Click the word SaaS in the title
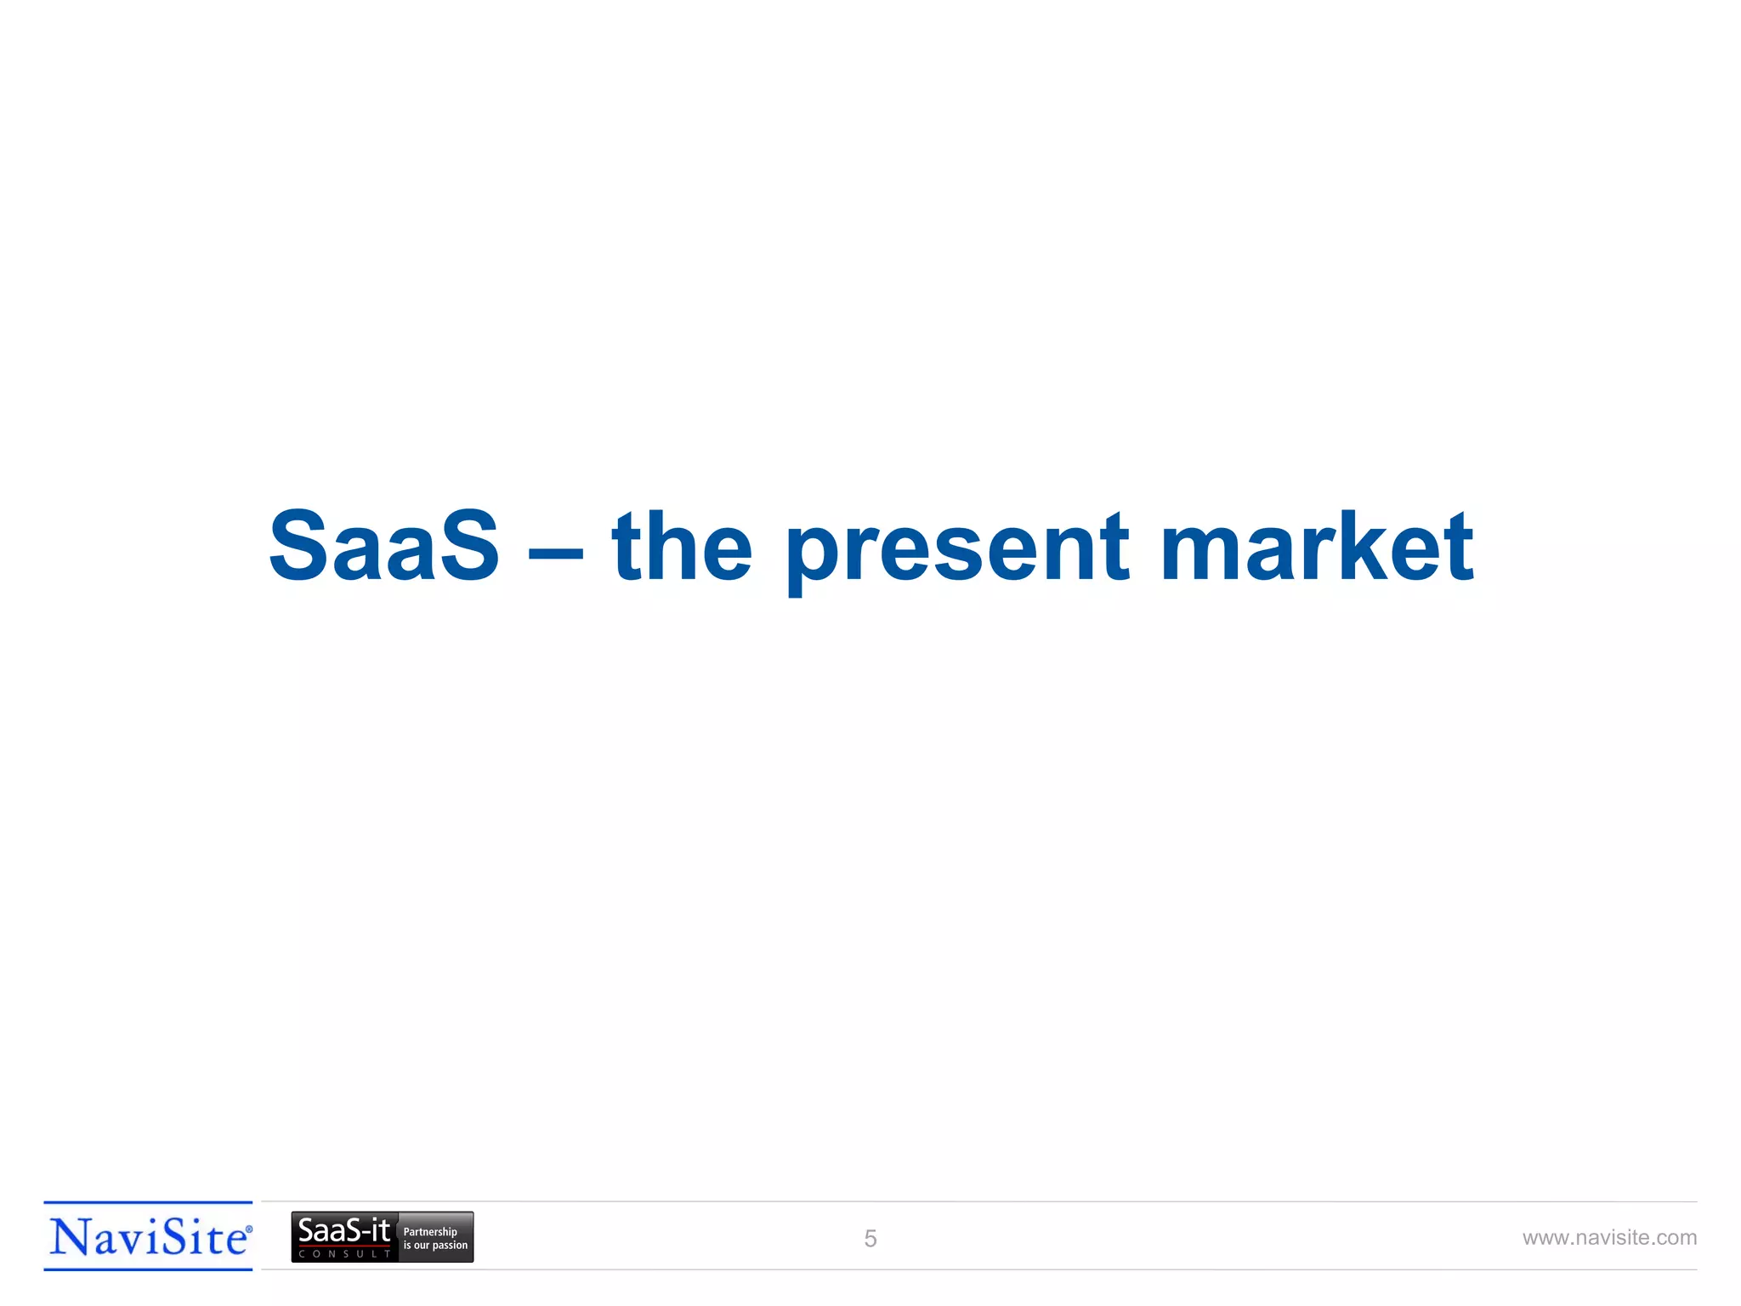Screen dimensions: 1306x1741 pyautogui.click(x=384, y=547)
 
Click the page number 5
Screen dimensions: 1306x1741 pyautogui.click(x=870, y=1239)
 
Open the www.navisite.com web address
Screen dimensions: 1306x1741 pyautogui.click(x=1609, y=1238)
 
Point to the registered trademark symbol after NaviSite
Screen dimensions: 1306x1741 pyautogui.click(x=249, y=1229)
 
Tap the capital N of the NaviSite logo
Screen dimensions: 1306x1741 pyautogui.click(x=69, y=1237)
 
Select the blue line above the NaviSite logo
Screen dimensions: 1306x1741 pyautogui.click(x=148, y=1203)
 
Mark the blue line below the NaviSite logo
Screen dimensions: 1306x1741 pyautogui.click(x=148, y=1269)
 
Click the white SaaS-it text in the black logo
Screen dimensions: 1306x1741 pyautogui.click(x=343, y=1230)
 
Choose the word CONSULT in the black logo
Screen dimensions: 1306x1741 pyautogui.click(x=344, y=1254)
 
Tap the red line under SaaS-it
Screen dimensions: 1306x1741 pyautogui.click(x=344, y=1246)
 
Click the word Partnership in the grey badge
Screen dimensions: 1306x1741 pyautogui.click(x=430, y=1232)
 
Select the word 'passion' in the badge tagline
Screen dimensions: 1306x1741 pyautogui.click(x=451, y=1246)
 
